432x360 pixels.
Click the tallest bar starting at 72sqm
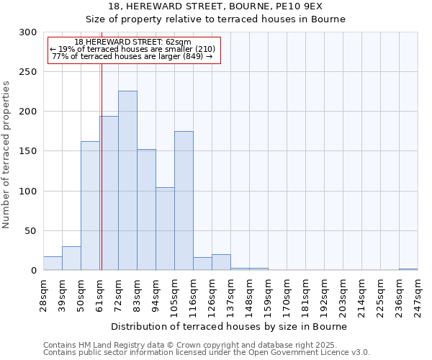point(127,180)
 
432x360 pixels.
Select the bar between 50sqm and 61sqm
point(90,205)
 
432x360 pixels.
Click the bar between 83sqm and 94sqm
point(146,210)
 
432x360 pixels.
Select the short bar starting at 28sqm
point(53,263)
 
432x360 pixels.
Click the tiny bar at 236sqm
point(408,269)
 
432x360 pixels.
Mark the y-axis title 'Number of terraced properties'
point(7,154)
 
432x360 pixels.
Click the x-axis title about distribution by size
point(230,326)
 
